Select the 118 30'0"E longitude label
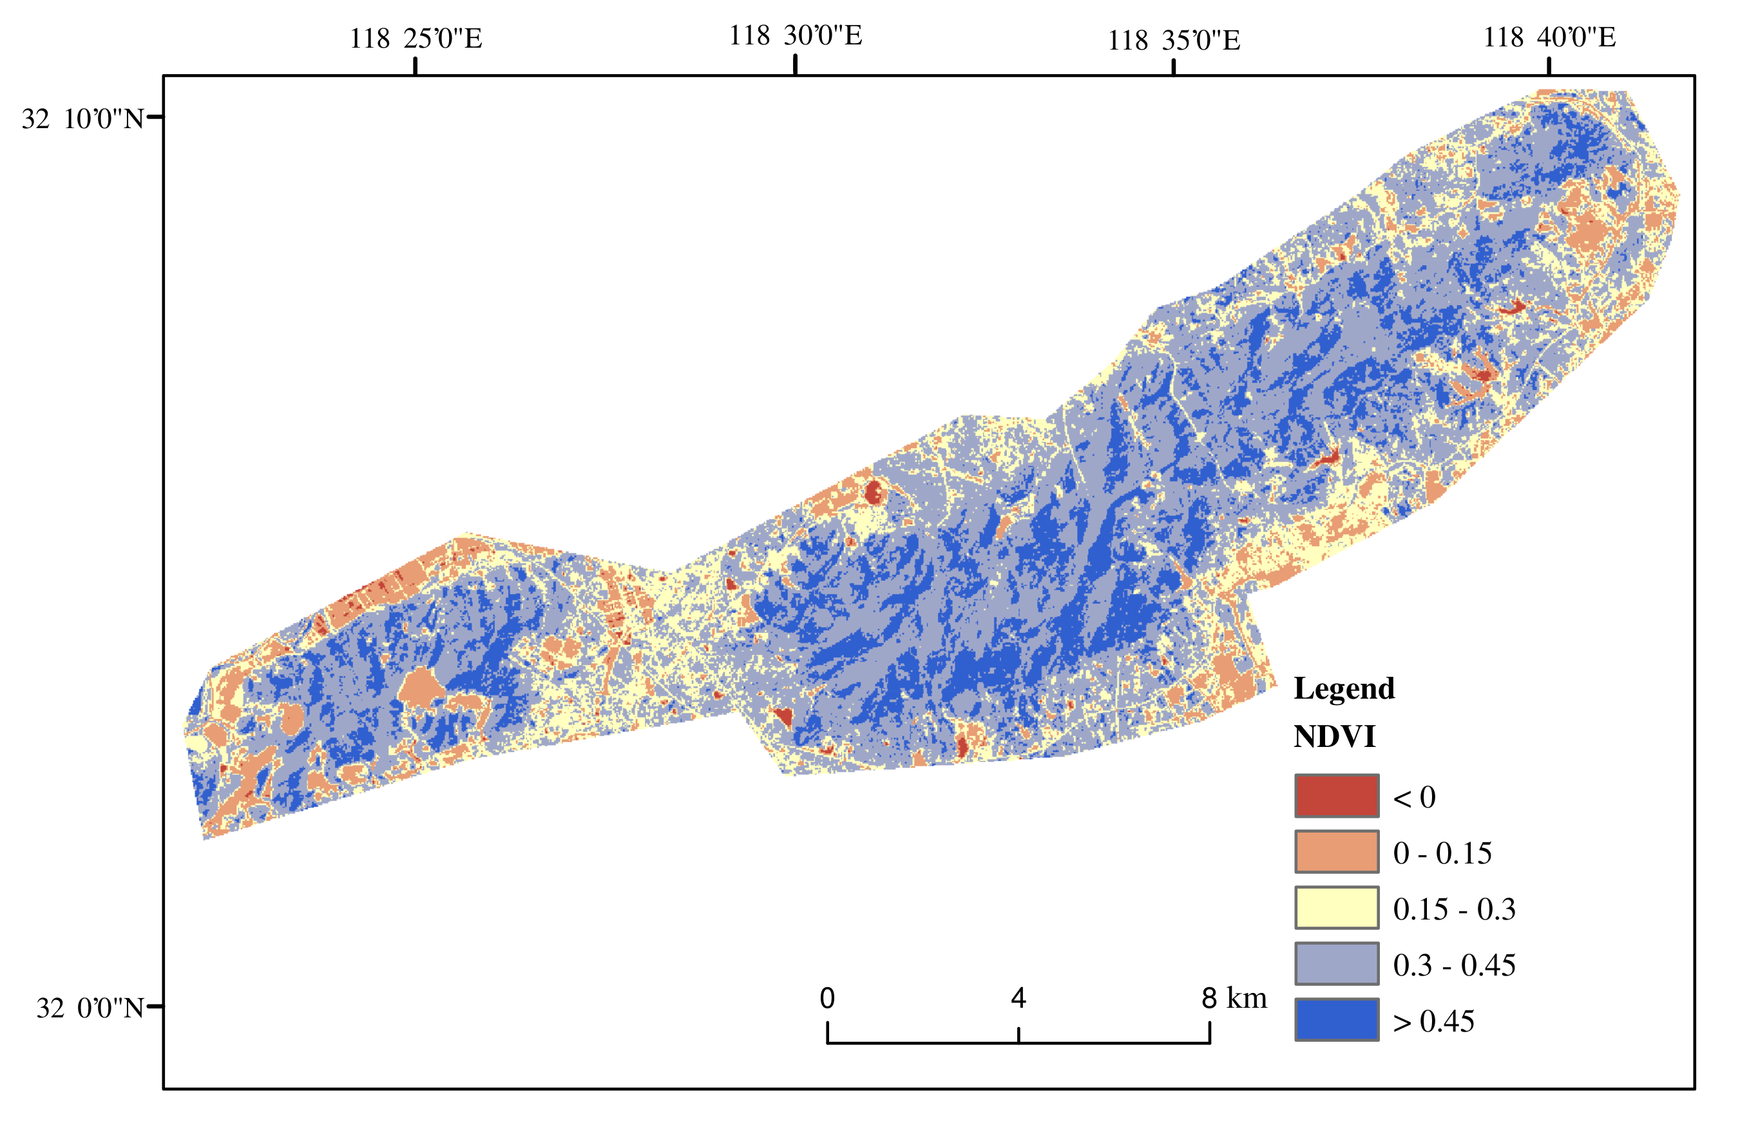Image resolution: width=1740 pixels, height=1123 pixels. point(795,35)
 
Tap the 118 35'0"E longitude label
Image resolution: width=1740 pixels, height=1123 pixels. point(1173,40)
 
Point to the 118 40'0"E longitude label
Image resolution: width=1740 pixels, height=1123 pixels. point(1549,37)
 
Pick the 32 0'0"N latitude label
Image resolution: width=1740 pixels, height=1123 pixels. point(90,1008)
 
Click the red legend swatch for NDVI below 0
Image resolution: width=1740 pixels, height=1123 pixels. point(1337,796)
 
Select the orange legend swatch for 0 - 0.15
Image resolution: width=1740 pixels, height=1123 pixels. point(1337,852)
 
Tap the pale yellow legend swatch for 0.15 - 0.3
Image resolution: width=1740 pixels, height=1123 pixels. point(1337,908)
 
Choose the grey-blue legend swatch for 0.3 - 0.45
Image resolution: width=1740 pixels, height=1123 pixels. point(1337,964)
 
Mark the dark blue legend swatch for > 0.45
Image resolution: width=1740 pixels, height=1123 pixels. point(1337,1019)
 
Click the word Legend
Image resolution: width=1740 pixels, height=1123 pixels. point(1344,688)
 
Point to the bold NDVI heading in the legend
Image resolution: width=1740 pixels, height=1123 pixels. point(1334,737)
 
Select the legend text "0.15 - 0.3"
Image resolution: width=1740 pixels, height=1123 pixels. point(1453,909)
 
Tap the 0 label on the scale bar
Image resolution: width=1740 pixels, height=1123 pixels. point(827,998)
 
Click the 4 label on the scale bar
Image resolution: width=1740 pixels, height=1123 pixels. point(1018,998)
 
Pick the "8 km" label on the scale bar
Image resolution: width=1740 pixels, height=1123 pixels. point(1234,998)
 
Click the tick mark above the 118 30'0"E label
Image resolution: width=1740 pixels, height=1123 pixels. point(795,65)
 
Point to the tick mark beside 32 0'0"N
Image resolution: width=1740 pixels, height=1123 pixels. point(155,1006)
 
